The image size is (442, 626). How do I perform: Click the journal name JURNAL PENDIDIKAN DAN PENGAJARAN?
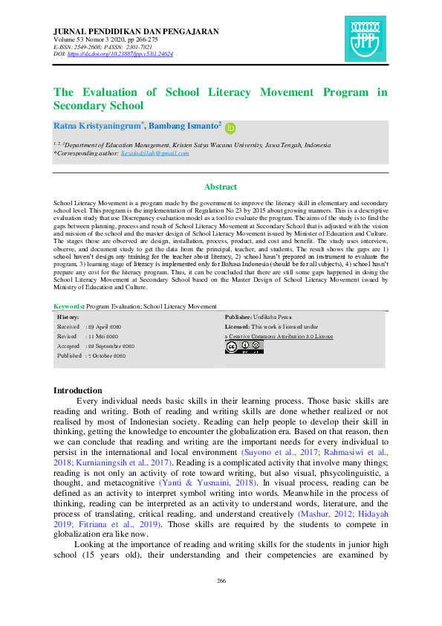point(137,31)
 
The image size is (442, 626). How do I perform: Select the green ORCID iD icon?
point(230,128)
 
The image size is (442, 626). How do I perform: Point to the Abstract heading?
point(221,187)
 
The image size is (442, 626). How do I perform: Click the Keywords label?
point(69,306)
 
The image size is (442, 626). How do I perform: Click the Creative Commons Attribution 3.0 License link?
point(279,336)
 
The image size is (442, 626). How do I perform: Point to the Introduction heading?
point(78,390)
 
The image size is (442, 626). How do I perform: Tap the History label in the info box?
point(68,317)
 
